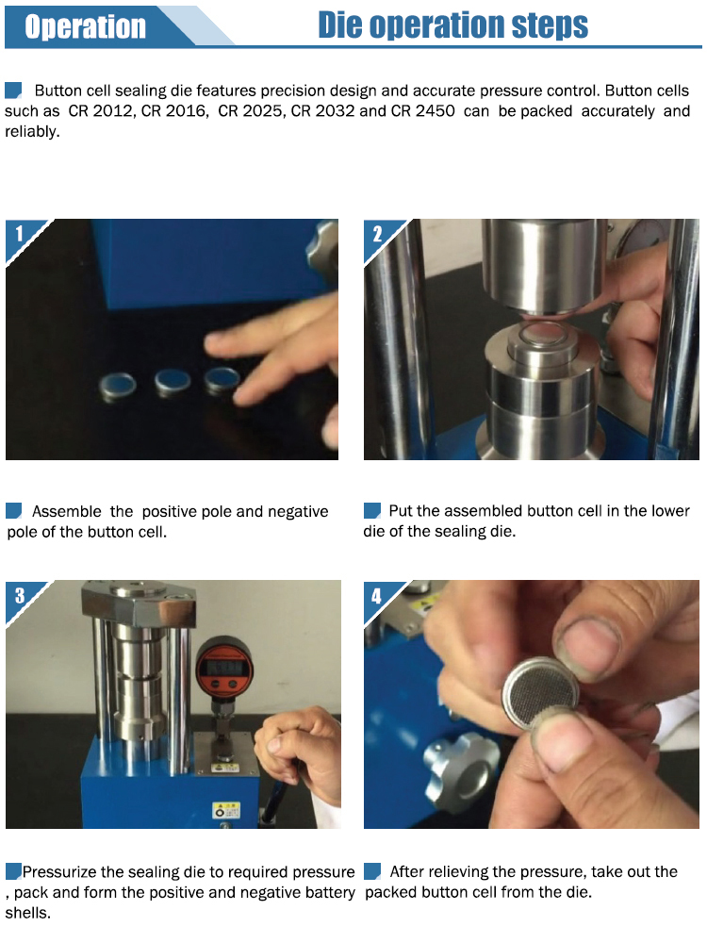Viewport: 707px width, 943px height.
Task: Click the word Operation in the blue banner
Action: [86, 27]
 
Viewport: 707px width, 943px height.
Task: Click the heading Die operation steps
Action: [452, 25]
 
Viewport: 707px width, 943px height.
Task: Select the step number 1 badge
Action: [19, 233]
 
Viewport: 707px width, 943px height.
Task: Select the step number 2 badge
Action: [377, 233]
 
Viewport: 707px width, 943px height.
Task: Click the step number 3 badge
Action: [20, 595]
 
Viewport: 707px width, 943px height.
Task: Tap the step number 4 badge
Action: [376, 596]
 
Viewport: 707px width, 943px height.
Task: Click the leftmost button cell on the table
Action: [118, 386]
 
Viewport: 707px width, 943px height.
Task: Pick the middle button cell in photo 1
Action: [173, 382]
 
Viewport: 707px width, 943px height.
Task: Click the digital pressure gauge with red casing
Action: [225, 667]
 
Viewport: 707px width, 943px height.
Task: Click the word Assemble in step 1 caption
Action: [67, 512]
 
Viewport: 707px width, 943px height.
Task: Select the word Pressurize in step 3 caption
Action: [58, 872]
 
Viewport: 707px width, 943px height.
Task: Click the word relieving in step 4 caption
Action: [456, 872]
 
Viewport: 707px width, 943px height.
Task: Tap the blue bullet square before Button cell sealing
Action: [13, 91]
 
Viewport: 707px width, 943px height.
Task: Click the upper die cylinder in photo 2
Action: [542, 263]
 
